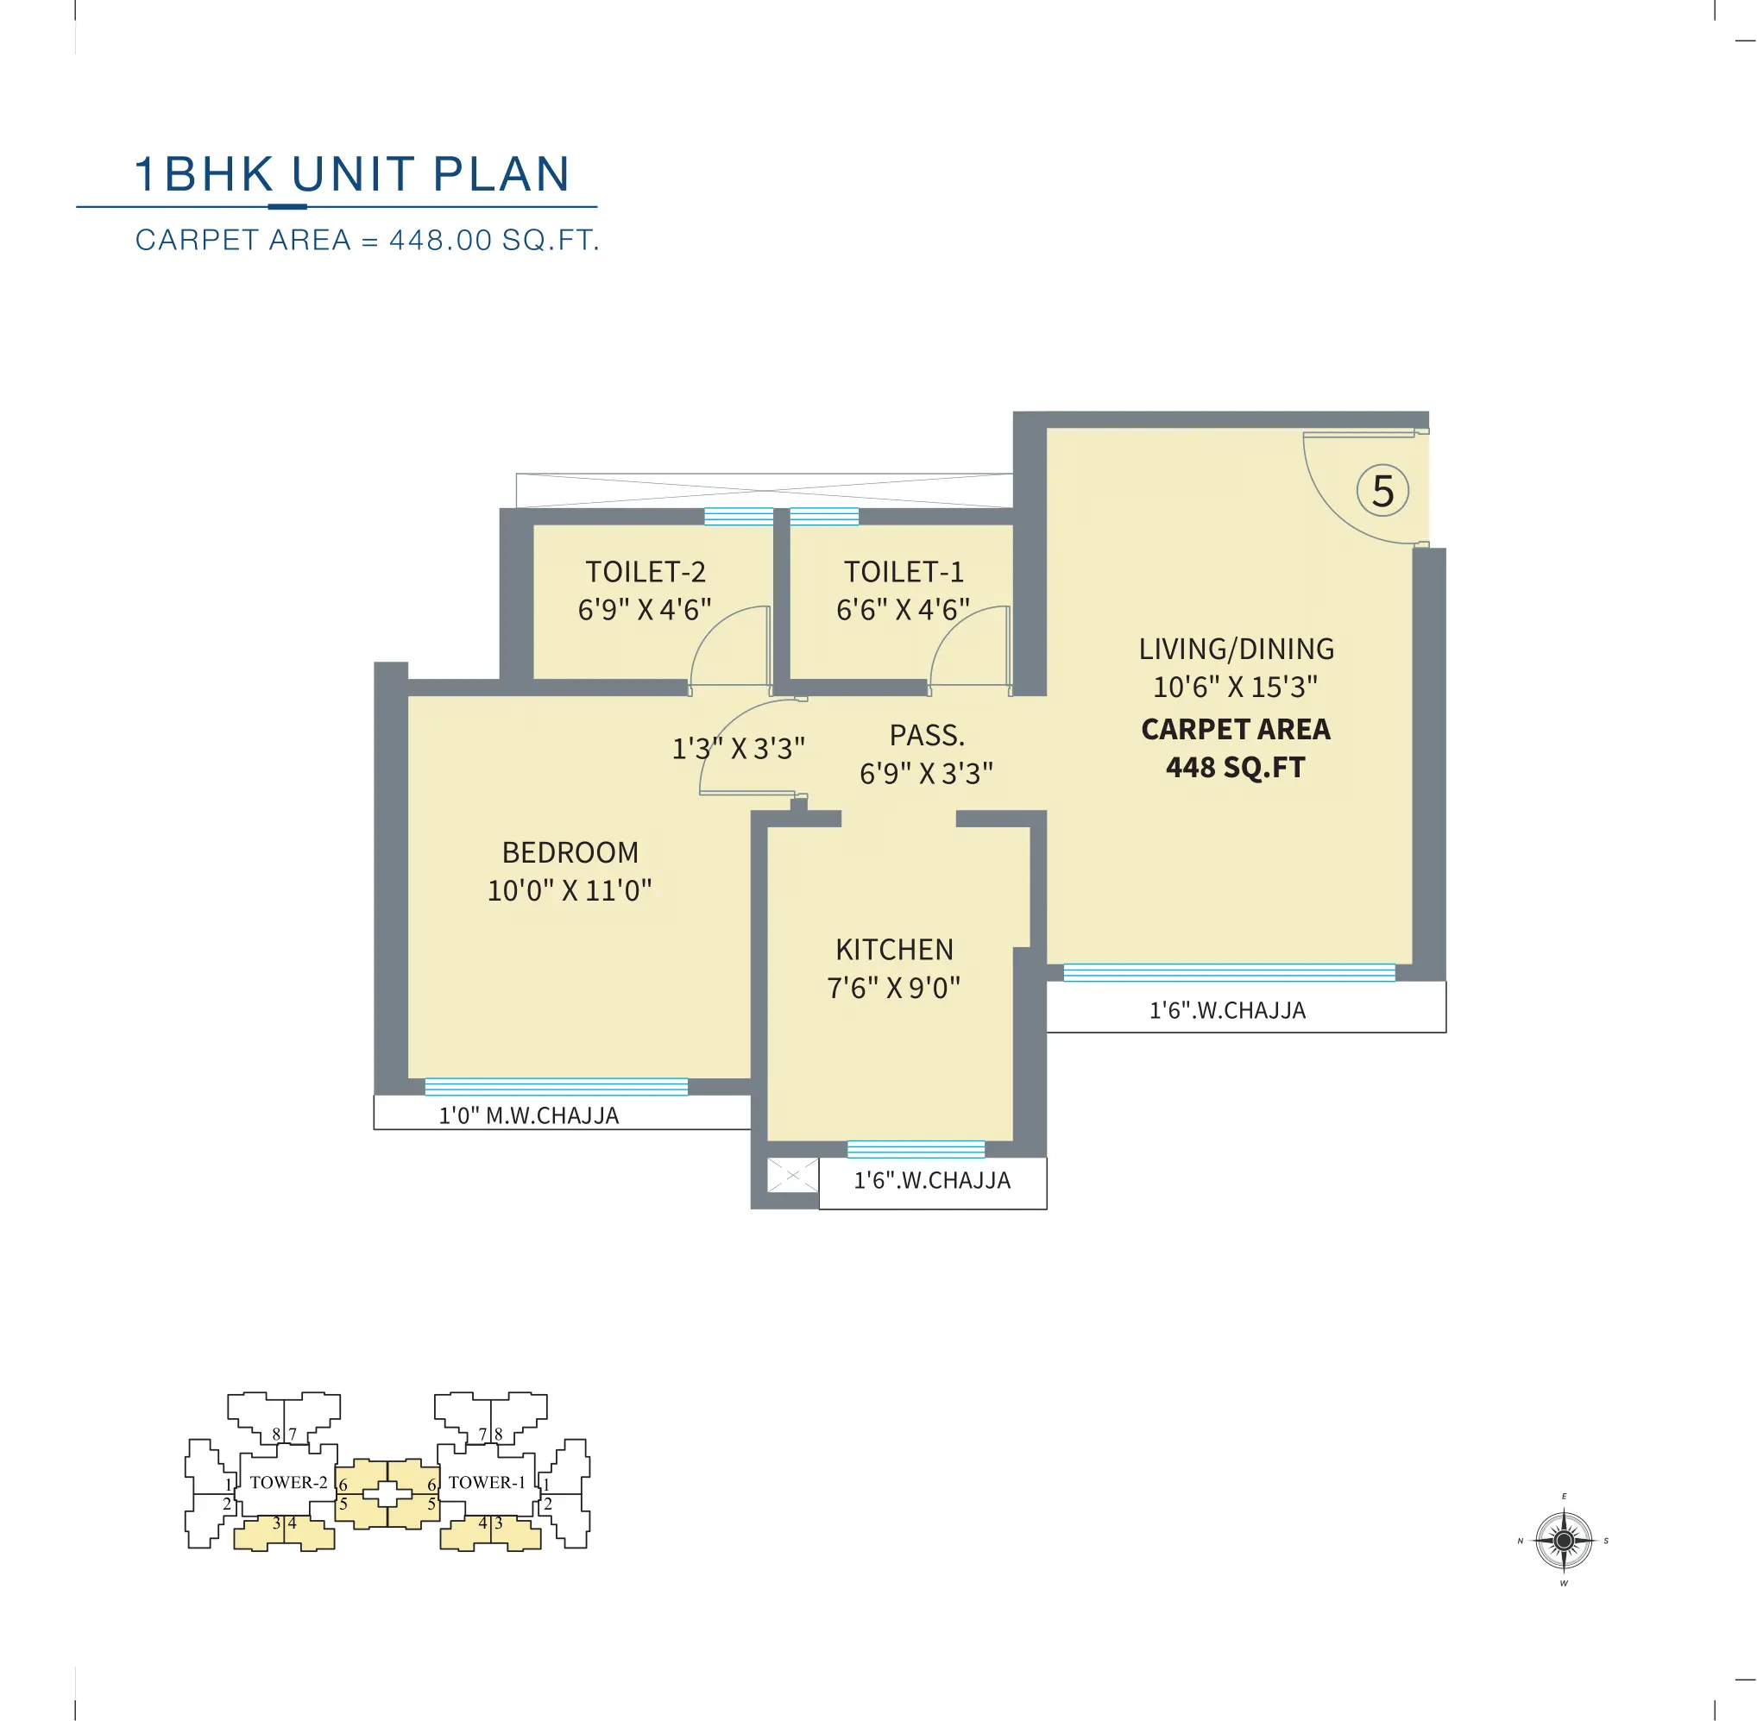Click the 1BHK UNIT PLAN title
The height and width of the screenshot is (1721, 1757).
[352, 173]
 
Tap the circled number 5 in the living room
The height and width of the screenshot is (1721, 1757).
[1382, 491]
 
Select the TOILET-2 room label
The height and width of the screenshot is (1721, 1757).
[645, 571]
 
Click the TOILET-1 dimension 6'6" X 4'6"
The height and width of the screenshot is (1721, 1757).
[903, 609]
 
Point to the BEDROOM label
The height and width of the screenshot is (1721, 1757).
[570, 851]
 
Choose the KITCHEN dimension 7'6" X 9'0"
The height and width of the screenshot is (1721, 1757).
[893, 988]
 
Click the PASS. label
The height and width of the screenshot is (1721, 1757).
[927, 735]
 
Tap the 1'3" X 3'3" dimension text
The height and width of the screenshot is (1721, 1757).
[738, 749]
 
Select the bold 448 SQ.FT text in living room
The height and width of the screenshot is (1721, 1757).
[1235, 768]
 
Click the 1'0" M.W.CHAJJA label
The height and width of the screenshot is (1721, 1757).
[529, 1115]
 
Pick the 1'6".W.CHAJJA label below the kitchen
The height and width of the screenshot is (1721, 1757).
[932, 1180]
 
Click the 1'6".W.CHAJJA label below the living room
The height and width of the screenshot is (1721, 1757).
[1227, 1010]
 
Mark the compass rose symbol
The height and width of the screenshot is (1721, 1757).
[1564, 1540]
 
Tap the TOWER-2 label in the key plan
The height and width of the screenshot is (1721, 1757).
[287, 1482]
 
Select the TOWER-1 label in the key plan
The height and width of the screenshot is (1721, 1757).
[487, 1482]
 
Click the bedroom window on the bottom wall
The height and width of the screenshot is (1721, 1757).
[556, 1087]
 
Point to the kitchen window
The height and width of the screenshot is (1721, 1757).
[916, 1150]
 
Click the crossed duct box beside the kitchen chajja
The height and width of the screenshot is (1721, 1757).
[792, 1175]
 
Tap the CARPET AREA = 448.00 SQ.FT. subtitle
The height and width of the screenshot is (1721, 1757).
[367, 241]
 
